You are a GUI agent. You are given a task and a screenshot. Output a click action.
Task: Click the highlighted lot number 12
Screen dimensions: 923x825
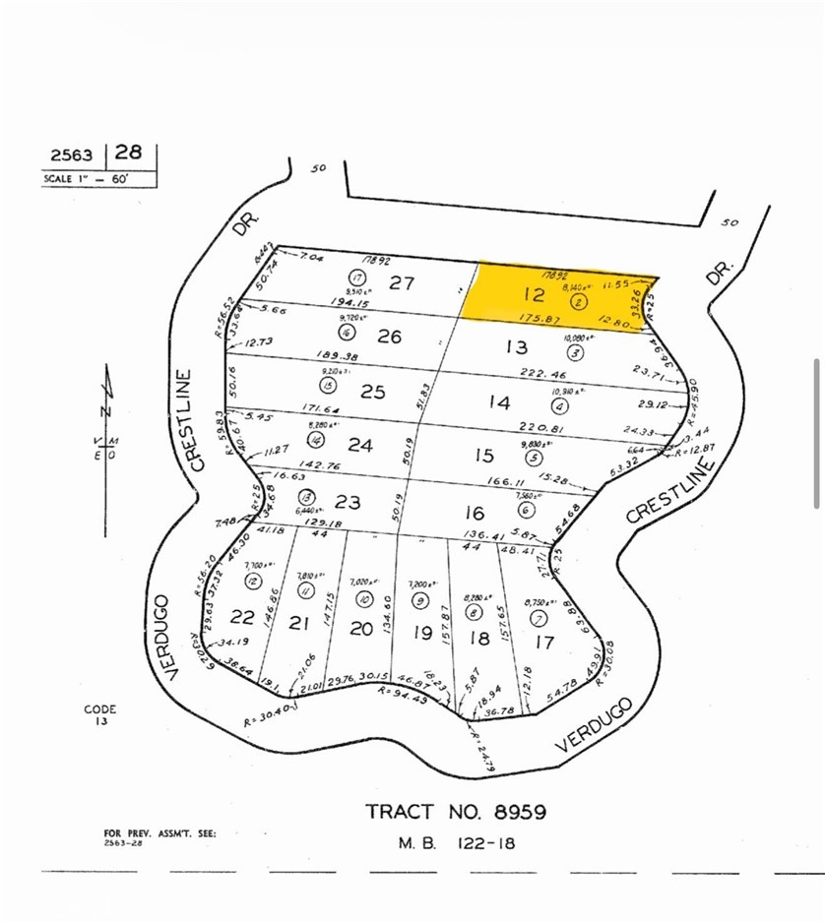click(x=534, y=294)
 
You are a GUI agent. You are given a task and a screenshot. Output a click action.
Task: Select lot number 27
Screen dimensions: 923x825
click(x=401, y=283)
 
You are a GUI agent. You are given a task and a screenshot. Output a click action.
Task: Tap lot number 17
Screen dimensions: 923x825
click(x=543, y=644)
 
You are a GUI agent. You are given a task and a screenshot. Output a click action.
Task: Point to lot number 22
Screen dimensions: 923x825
click(x=242, y=617)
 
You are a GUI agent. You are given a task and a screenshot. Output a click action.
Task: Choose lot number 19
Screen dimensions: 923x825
click(x=421, y=634)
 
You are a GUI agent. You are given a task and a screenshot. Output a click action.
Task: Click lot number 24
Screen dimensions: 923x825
click(x=359, y=446)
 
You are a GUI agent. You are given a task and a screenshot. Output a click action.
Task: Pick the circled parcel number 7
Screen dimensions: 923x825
click(x=538, y=618)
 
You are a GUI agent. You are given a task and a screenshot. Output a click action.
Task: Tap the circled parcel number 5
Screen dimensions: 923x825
click(x=535, y=458)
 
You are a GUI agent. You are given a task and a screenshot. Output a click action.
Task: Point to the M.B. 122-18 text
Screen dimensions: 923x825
click(x=456, y=843)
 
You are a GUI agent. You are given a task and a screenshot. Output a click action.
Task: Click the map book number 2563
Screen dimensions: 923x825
click(x=72, y=154)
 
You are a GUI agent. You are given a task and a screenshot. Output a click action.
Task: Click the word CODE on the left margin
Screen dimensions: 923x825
click(x=100, y=708)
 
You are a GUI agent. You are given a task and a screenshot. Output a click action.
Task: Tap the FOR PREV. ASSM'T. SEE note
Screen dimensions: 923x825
click(x=159, y=833)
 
